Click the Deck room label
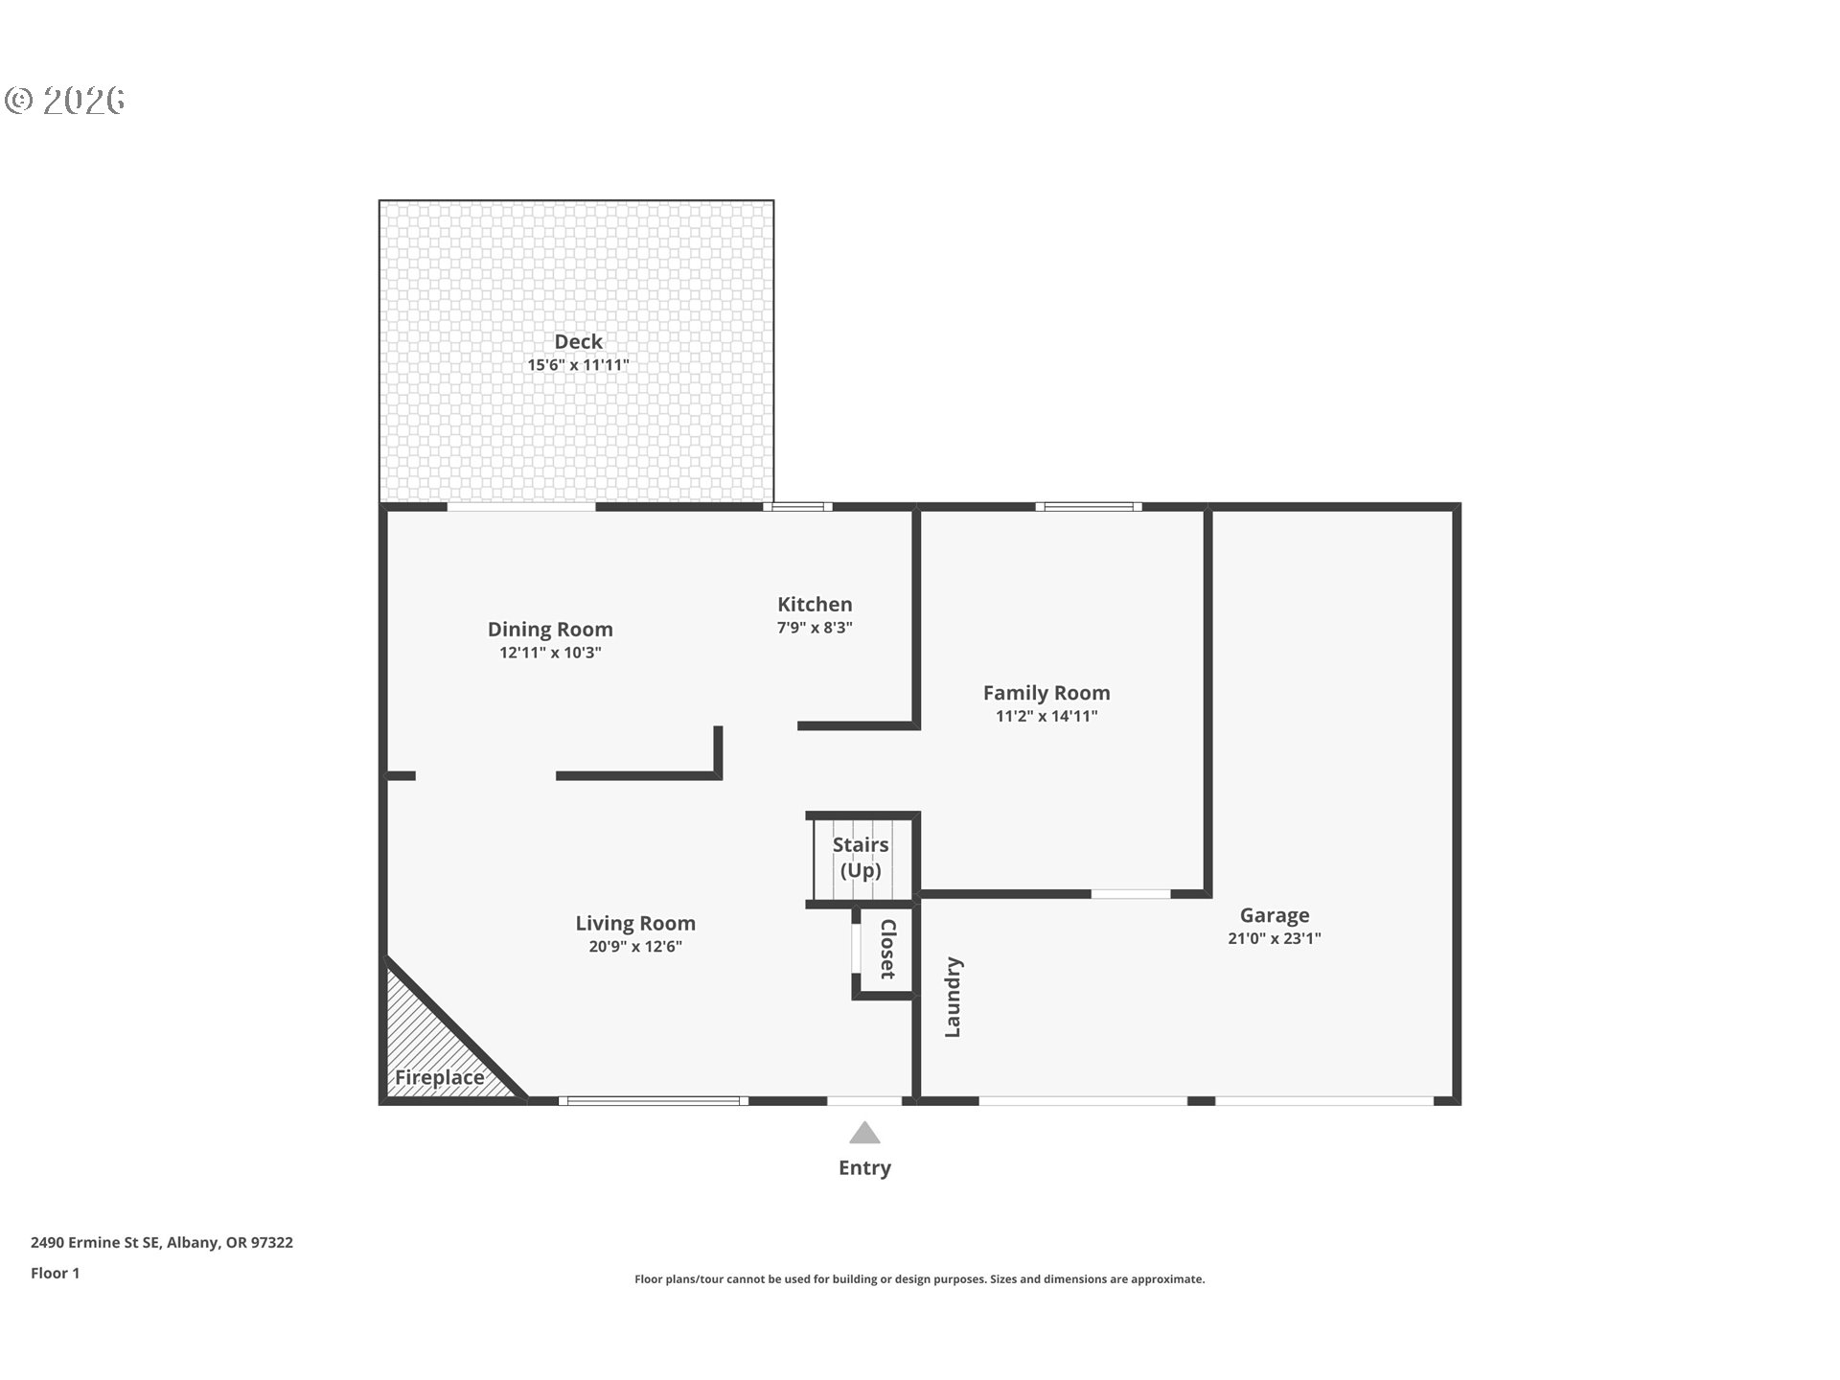[x=578, y=341]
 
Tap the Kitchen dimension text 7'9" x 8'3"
[x=815, y=628]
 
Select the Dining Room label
[x=550, y=630]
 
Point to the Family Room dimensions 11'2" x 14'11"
[x=1046, y=716]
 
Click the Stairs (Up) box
[x=862, y=859]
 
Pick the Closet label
[x=888, y=949]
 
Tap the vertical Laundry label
[x=953, y=997]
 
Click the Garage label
[x=1275, y=915]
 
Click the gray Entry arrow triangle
[x=864, y=1134]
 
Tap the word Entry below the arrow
[x=864, y=1167]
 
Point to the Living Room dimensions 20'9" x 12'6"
[x=635, y=947]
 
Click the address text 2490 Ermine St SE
[x=95, y=1242]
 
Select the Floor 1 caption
[x=55, y=1273]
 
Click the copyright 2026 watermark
[x=65, y=101]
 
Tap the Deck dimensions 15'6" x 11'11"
[x=578, y=365]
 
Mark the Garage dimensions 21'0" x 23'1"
[x=1275, y=938]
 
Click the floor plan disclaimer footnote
[x=919, y=1279]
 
